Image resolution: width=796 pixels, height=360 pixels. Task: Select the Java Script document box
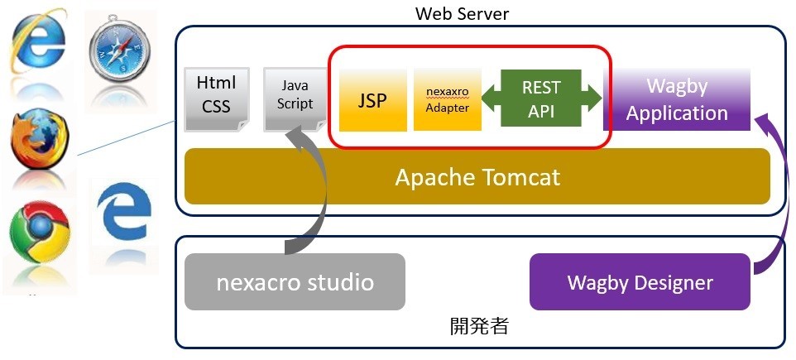(x=295, y=98)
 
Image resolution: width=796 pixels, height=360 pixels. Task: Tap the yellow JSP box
(x=372, y=99)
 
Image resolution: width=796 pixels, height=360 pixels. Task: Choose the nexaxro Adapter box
(x=447, y=99)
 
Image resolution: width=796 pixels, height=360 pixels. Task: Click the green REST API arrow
(x=542, y=98)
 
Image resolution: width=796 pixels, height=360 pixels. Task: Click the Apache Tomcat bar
(x=477, y=176)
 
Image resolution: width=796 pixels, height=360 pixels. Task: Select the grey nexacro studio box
(x=295, y=281)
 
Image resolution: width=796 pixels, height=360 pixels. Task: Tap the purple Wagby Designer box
(x=640, y=282)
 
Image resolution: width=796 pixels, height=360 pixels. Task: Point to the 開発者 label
(x=478, y=325)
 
